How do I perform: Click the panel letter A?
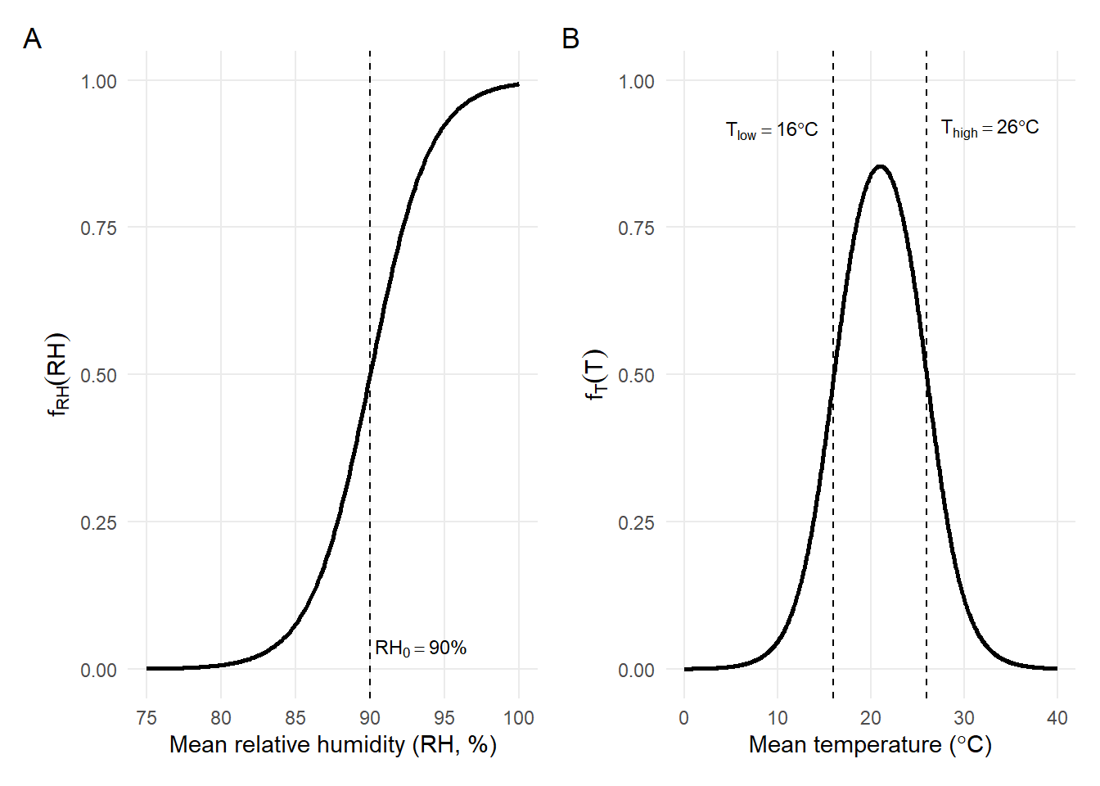[32, 39]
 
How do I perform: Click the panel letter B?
[570, 39]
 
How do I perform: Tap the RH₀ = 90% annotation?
[421, 648]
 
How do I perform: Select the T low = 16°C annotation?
[772, 130]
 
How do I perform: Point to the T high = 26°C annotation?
[990, 128]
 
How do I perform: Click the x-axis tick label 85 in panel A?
[295, 718]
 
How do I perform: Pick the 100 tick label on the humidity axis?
[519, 718]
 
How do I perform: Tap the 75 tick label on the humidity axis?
[147, 718]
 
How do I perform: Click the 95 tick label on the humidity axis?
[444, 718]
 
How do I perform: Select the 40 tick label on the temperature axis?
[1057, 718]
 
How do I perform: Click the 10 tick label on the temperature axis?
[778, 718]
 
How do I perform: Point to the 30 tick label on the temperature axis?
[964, 718]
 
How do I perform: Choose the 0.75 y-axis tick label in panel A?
[98, 228]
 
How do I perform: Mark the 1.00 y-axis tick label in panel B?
[636, 81]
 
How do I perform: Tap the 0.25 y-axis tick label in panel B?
[636, 522]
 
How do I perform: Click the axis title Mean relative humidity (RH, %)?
[333, 745]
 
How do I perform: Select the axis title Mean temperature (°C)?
[870, 745]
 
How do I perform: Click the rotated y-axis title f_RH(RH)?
[58, 375]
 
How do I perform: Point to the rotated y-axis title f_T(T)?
[595, 375]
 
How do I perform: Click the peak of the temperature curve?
[880, 166]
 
